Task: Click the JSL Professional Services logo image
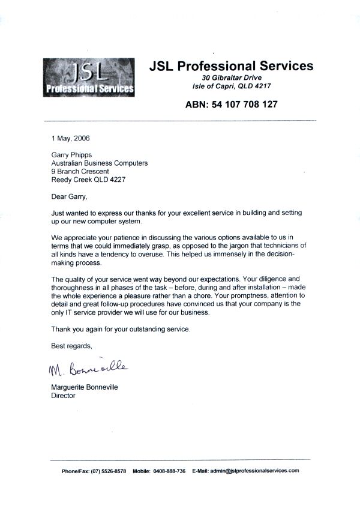[x=89, y=77]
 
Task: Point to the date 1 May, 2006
[x=70, y=138]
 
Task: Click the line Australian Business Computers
[x=100, y=163]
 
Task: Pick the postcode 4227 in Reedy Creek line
[x=118, y=180]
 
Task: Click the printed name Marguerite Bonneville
[x=85, y=387]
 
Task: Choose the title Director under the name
[x=64, y=396]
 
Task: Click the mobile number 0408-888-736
[x=171, y=471]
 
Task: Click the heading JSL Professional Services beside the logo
[x=231, y=66]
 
